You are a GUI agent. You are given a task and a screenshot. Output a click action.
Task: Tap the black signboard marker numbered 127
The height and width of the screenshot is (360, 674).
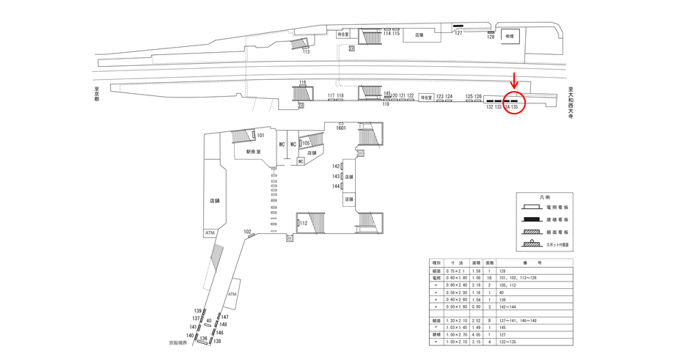click(x=458, y=28)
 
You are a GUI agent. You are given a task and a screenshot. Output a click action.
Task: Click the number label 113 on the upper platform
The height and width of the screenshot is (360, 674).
click(x=306, y=52)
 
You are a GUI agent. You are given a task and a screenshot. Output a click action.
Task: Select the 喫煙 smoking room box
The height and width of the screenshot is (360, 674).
click(x=508, y=36)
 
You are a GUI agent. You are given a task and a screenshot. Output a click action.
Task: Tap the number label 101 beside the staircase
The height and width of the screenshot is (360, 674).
click(x=260, y=136)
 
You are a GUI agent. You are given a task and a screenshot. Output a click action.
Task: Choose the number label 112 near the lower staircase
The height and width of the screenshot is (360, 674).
click(x=303, y=223)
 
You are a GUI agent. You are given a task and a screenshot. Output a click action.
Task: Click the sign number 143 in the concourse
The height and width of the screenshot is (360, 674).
click(x=336, y=177)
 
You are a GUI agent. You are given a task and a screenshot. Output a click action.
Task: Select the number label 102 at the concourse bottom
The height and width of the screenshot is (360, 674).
click(x=247, y=232)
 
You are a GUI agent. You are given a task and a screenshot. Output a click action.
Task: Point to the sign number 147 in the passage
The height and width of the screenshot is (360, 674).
click(x=224, y=317)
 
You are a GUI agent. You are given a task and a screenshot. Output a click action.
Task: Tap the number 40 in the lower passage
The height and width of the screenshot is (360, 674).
click(x=209, y=321)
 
